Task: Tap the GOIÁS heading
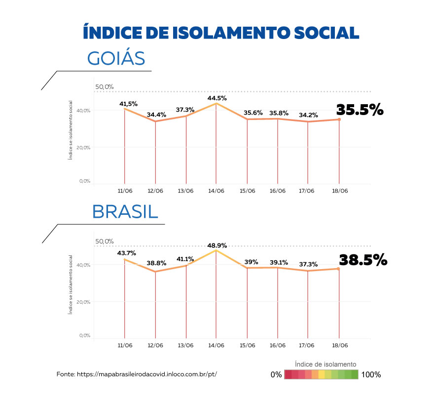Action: (x=116, y=58)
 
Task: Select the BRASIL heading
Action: (x=125, y=212)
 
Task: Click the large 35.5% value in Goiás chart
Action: (x=360, y=110)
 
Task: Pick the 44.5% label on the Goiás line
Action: (x=217, y=98)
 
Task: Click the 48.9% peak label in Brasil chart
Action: (x=217, y=245)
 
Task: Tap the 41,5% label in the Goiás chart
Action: (x=128, y=104)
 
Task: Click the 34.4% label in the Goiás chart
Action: (x=156, y=115)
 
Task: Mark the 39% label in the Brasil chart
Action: (x=251, y=262)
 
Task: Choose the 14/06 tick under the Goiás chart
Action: (x=216, y=191)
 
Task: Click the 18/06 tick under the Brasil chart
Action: (x=339, y=345)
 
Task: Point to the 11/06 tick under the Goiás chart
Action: (x=125, y=191)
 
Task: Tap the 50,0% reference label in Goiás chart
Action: (x=104, y=87)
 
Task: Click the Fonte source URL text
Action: (x=137, y=374)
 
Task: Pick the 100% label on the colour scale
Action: (x=371, y=375)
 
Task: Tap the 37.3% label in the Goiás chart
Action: (x=185, y=109)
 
